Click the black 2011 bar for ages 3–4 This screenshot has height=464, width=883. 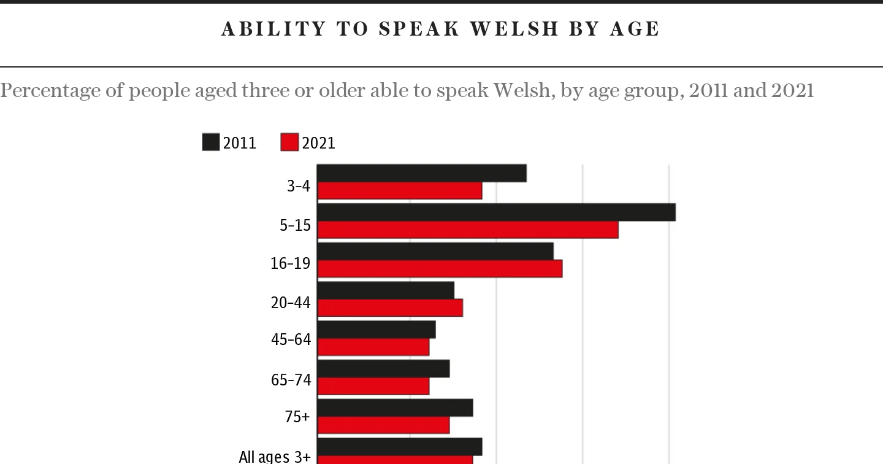point(421,173)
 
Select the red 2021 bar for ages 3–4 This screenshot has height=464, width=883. point(399,191)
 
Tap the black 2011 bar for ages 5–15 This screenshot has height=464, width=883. point(496,212)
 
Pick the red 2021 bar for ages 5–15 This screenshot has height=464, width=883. point(467,230)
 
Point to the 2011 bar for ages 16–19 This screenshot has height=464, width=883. point(435,251)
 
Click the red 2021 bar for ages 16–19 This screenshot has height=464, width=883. point(439,269)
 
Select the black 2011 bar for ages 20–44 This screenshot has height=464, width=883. point(385,290)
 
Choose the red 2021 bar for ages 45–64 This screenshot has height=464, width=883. point(373,347)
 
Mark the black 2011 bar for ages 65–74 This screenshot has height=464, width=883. point(383,369)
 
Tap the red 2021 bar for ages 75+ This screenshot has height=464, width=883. point(383,425)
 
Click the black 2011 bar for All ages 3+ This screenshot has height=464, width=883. point(399,447)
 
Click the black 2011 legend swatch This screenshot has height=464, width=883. point(211,143)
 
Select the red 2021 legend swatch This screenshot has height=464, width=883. point(289,143)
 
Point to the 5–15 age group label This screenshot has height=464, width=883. point(295,225)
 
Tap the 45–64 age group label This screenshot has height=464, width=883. point(291,339)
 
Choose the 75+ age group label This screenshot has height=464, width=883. point(297,417)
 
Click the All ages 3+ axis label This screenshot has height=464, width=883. point(274,456)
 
